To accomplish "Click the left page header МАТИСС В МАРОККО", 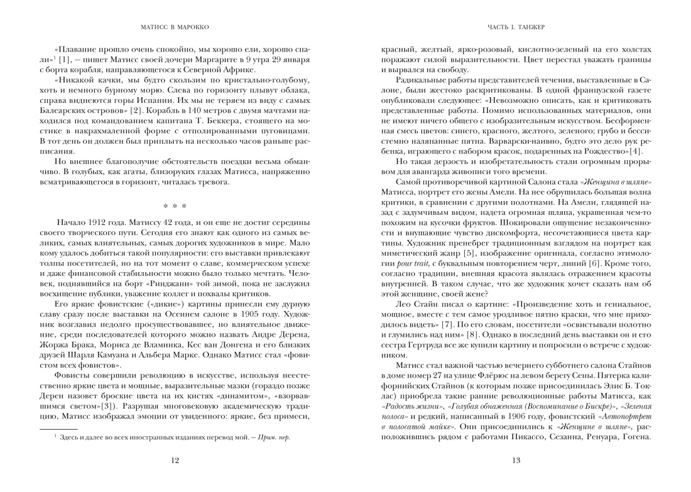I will pos(175,27).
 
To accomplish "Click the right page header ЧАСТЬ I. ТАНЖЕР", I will pos(516,27).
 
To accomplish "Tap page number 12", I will pos(175,461).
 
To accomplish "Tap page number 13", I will pos(516,461).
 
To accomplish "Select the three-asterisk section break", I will pos(175,205).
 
